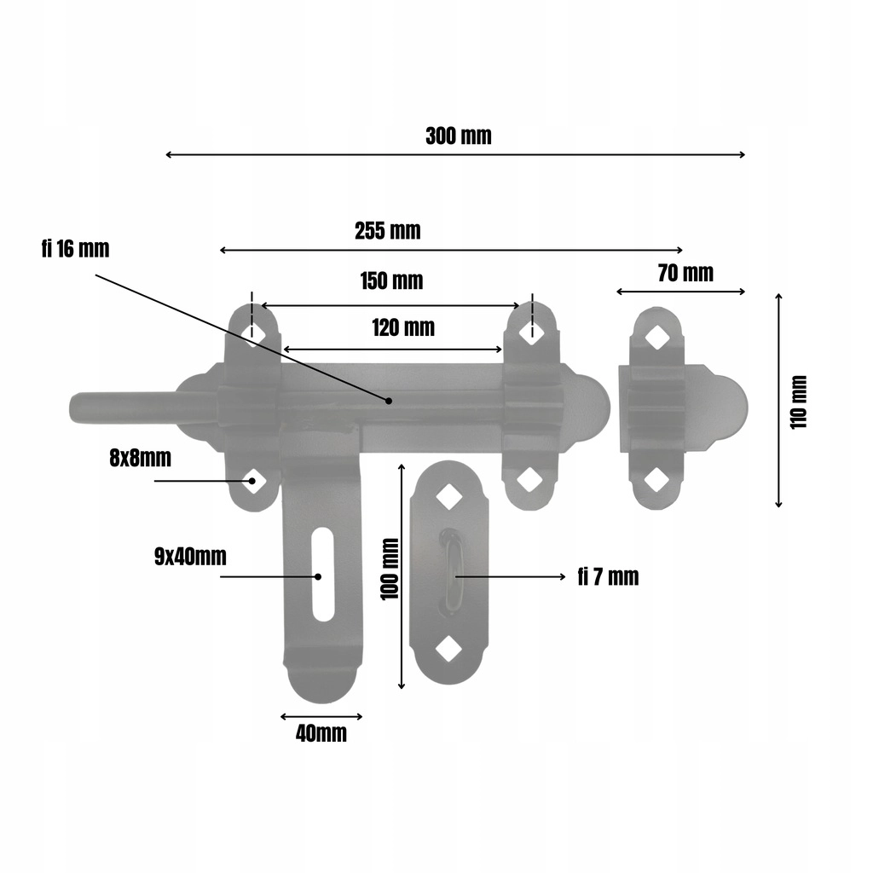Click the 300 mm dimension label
click(x=458, y=136)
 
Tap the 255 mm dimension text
click(x=388, y=231)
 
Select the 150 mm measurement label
click(x=391, y=281)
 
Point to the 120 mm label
click(x=403, y=328)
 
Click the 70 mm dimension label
click(x=685, y=274)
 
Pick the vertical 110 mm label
click(x=798, y=402)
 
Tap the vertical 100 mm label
click(x=390, y=569)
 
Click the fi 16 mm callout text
click(x=75, y=249)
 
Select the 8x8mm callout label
click(x=141, y=458)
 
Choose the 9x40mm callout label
click(x=190, y=557)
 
